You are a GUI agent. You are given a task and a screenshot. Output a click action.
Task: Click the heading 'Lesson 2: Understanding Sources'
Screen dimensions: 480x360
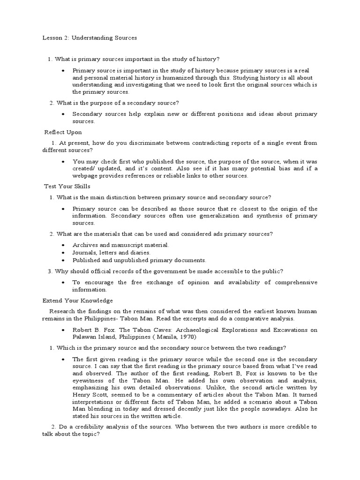click(x=87, y=37)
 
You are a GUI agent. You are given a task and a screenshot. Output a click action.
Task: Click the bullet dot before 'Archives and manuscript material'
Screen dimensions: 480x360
click(x=63, y=245)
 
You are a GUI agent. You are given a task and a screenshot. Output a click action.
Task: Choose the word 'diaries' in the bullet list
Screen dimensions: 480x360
click(x=139, y=253)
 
